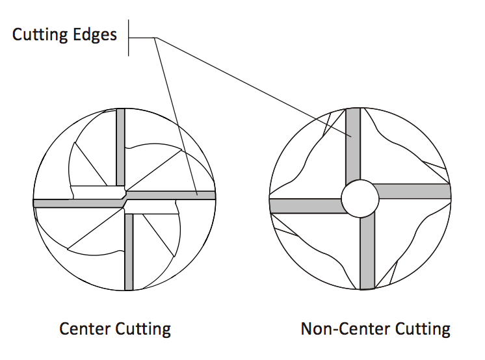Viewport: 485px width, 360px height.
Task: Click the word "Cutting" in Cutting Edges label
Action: [x=40, y=34]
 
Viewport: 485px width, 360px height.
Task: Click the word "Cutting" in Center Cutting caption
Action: [x=142, y=329]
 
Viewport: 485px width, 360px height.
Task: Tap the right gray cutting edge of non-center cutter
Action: [x=414, y=191]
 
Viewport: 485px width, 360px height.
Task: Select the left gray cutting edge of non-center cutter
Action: [x=306, y=206]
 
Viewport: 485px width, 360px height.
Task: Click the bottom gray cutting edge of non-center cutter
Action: [x=367, y=253]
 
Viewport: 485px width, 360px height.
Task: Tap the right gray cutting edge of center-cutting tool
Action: [x=172, y=194]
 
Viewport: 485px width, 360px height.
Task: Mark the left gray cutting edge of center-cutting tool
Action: [x=75, y=203]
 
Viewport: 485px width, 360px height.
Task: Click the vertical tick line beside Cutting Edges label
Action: [x=129, y=38]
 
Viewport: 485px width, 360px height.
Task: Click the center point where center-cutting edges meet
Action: [x=124, y=199]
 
